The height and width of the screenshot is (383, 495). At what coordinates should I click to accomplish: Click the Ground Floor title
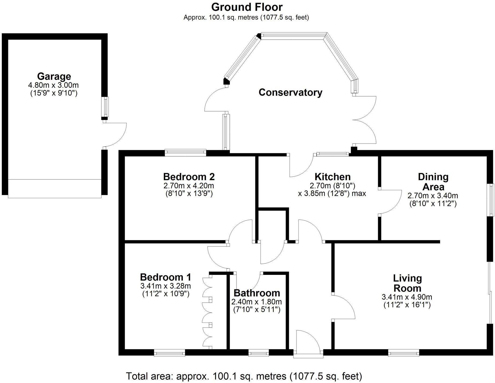247,7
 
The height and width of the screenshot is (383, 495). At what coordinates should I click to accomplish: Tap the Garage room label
54,76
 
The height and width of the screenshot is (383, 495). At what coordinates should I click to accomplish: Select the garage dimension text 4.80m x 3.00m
54,85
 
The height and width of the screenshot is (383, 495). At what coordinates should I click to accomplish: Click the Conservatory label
290,92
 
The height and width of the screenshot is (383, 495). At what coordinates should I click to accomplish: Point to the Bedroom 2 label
189,177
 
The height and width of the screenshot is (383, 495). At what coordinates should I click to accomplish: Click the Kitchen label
333,177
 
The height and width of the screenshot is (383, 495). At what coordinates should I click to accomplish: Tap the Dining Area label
433,182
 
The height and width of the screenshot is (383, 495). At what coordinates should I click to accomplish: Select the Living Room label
407,283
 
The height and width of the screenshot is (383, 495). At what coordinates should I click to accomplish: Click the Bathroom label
257,293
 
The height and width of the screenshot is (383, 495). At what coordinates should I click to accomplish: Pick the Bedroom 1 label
165,277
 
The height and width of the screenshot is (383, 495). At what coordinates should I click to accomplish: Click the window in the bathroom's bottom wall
258,353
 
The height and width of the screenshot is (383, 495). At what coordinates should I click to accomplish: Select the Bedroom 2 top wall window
185,153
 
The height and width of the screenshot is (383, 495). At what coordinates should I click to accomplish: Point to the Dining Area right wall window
491,200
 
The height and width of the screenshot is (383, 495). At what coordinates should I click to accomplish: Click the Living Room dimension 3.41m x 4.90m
407,297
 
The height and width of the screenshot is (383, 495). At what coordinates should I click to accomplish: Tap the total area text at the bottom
244,376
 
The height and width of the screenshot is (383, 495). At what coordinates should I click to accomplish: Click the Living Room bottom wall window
404,353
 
